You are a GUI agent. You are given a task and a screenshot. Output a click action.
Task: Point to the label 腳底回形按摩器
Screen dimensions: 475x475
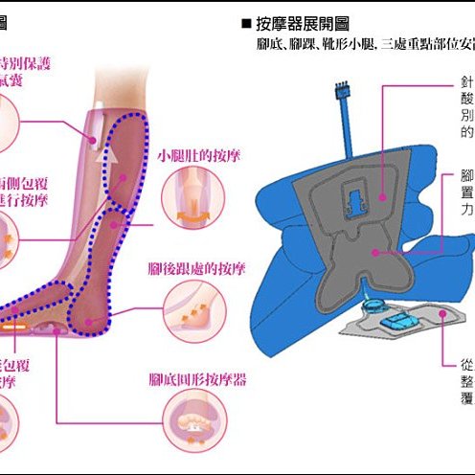tap(198, 379)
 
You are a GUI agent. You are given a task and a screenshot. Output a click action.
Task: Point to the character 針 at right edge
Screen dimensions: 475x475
tap(466, 85)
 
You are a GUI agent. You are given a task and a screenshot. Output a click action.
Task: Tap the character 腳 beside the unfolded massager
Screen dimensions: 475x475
tap(466, 178)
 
